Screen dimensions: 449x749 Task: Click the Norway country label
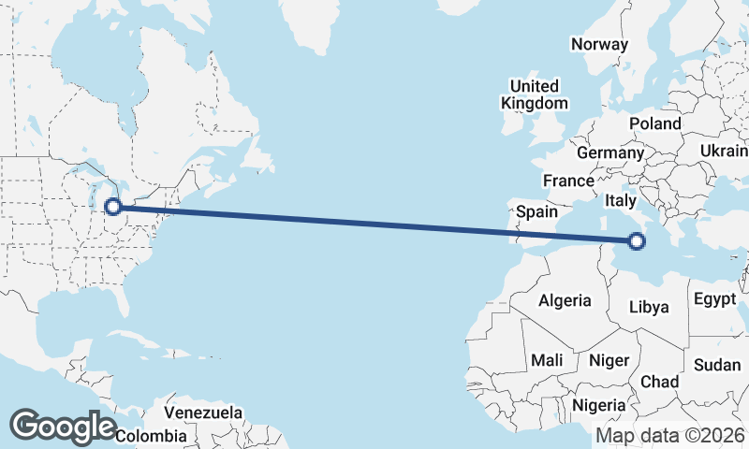tap(598, 44)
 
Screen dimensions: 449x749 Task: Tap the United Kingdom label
tap(534, 94)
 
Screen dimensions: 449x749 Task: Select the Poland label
tap(655, 123)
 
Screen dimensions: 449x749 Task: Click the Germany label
tap(610, 152)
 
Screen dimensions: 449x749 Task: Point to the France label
tap(568, 181)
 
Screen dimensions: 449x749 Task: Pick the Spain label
tap(537, 212)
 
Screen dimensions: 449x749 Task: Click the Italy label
tap(621, 200)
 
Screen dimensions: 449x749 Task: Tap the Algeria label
tap(565, 300)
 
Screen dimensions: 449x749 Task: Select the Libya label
tap(649, 307)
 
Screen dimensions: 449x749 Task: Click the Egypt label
tap(715, 299)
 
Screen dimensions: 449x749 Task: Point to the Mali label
tap(547, 360)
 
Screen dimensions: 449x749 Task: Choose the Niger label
tap(609, 360)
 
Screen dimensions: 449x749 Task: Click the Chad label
tap(659, 382)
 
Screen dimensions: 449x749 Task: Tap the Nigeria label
tap(598, 405)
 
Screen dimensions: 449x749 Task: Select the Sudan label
tap(718, 365)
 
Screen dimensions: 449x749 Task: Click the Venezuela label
tap(203, 413)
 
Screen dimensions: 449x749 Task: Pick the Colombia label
tap(152, 436)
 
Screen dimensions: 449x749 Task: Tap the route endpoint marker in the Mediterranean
tap(637, 242)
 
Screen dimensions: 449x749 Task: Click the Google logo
tap(63, 426)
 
